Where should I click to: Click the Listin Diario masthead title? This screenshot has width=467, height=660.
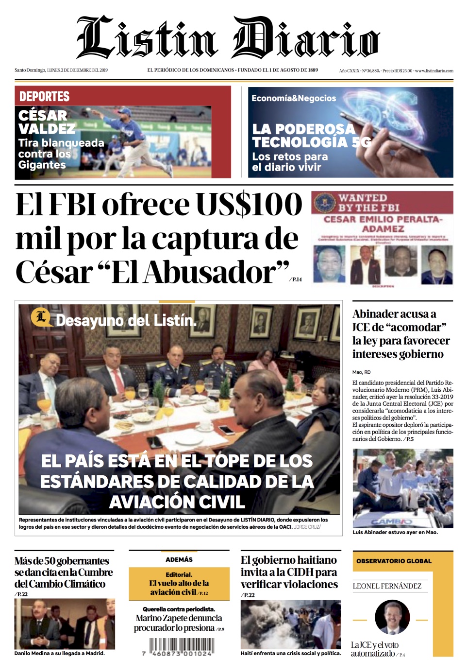click(x=228, y=38)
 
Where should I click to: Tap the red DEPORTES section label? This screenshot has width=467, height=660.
click(x=44, y=96)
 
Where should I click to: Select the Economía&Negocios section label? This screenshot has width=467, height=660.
click(x=293, y=98)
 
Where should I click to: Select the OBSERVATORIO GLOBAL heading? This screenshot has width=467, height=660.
click(x=394, y=561)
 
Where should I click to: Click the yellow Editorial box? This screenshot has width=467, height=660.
click(x=179, y=584)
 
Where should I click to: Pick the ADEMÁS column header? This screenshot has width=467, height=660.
click(x=179, y=559)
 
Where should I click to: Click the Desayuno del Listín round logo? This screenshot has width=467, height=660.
click(x=41, y=317)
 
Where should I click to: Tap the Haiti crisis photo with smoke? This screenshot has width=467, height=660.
click(x=290, y=624)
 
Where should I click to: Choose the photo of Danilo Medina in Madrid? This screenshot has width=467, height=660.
click(x=65, y=624)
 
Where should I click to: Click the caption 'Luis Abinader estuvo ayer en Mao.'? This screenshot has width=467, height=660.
click(x=395, y=532)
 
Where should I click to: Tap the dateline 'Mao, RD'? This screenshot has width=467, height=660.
click(x=361, y=372)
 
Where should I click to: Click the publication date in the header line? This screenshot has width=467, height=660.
click(x=77, y=70)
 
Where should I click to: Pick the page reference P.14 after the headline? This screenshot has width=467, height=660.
click(x=296, y=279)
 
